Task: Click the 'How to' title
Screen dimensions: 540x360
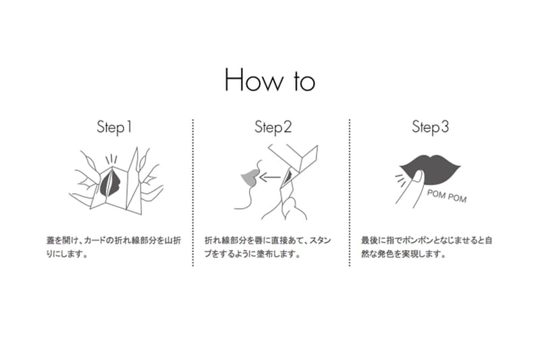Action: (270, 80)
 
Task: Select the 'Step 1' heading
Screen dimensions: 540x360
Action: (114, 127)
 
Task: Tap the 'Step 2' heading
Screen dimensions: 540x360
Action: (273, 127)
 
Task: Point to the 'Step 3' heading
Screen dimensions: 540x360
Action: (431, 127)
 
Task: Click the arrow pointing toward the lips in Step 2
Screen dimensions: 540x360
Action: (270, 178)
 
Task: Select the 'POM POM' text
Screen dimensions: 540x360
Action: (447, 196)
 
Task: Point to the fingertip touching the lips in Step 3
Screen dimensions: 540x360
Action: (418, 177)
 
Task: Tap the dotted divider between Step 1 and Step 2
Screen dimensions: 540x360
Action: (193, 192)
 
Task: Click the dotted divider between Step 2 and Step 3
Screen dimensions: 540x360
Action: (350, 192)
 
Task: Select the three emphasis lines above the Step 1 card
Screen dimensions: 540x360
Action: (111, 159)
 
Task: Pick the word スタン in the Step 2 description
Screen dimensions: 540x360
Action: (320, 240)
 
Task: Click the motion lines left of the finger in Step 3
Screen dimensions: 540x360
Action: (400, 180)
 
